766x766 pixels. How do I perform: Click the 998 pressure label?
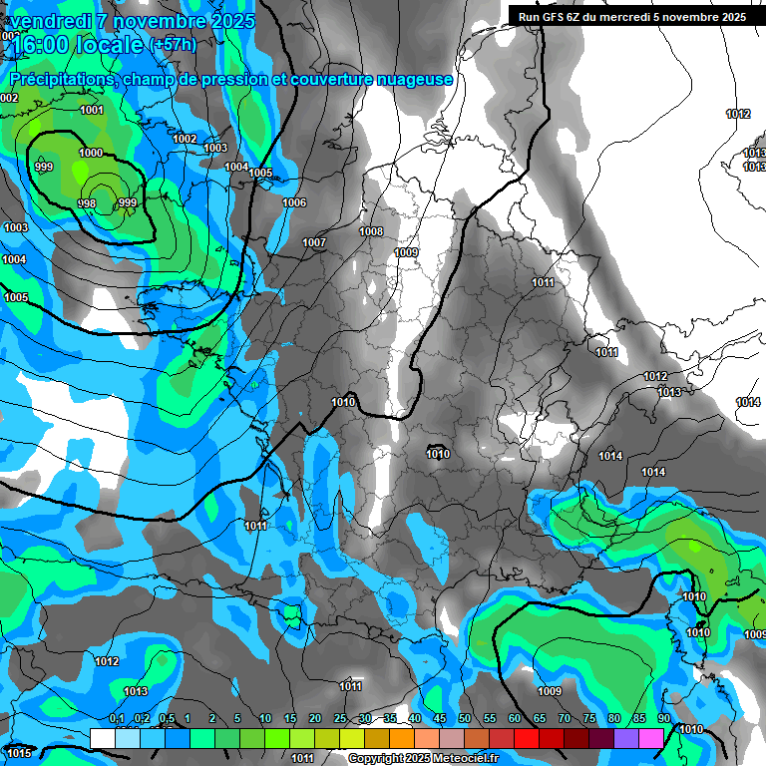(87, 203)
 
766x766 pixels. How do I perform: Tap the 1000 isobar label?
(90, 153)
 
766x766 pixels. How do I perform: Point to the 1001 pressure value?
(92, 110)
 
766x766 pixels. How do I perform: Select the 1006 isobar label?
(294, 202)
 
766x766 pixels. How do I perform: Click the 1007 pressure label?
(314, 242)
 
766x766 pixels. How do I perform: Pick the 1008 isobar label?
(371, 231)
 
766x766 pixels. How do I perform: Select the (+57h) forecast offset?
(173, 45)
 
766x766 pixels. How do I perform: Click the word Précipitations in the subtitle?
(61, 79)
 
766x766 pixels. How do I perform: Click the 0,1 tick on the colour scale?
(117, 719)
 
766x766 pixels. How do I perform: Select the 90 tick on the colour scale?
(664, 719)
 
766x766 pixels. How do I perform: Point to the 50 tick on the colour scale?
(465, 719)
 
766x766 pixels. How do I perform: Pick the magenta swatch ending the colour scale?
(651, 738)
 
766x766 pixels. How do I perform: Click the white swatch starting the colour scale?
(102, 738)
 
